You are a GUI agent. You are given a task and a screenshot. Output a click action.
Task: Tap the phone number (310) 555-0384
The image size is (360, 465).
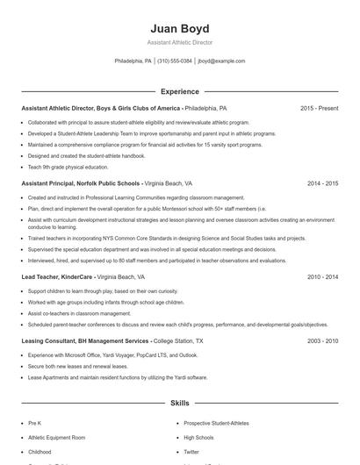coord(175,61)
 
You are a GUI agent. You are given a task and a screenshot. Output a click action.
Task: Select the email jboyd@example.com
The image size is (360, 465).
coord(221,61)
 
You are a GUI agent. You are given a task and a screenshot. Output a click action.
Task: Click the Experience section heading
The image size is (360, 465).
coord(179,91)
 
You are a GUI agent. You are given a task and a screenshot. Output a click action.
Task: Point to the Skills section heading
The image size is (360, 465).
coord(179,404)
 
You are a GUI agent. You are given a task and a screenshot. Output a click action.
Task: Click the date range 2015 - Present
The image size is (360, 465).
coord(319,109)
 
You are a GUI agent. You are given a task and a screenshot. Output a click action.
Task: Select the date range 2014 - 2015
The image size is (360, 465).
coord(322,184)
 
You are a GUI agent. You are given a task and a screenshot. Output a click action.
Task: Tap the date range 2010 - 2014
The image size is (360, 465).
coord(322,276)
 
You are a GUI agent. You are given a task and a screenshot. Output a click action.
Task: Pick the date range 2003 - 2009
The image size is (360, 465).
coord(322,340)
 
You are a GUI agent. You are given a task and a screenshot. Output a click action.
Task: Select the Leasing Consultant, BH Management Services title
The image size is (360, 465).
coord(85,340)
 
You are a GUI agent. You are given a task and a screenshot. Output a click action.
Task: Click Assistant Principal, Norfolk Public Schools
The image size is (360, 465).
coord(80,184)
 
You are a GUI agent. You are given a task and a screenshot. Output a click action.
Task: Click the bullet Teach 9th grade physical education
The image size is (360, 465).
coord(68,167)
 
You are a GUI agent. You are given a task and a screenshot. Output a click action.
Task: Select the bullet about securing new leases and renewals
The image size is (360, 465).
coord(77,366)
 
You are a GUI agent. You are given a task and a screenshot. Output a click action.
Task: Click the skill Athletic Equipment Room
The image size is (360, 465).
coord(57,437)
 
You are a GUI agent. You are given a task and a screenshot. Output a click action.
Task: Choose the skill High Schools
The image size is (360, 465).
coord(198,437)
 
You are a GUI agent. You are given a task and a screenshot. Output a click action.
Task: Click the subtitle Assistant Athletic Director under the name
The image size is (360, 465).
coord(179,42)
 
